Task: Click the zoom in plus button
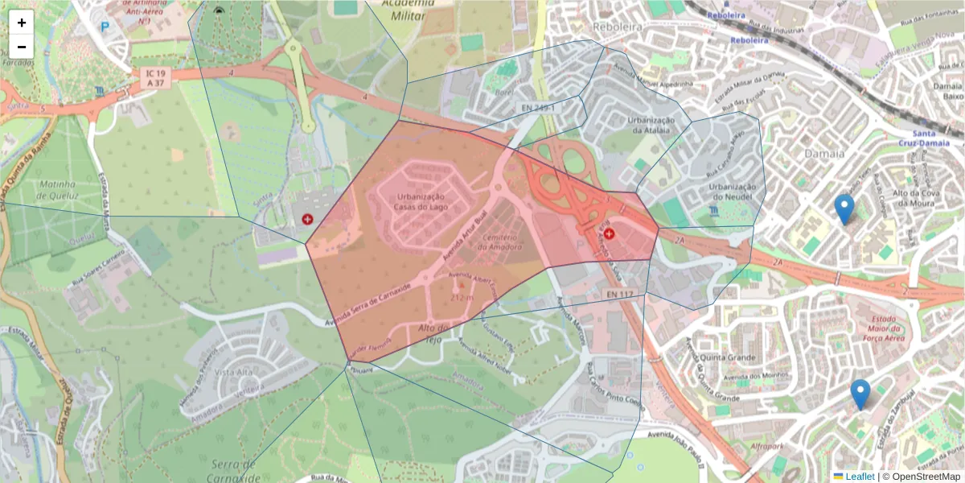(22, 23)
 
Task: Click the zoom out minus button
(22, 46)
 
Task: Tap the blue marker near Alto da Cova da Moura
(844, 208)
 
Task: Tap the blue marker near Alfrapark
(860, 394)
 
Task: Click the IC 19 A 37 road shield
(154, 77)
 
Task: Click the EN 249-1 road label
(538, 107)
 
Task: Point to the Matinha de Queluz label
(58, 188)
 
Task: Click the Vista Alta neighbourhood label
(233, 372)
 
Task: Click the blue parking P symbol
(105, 27)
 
